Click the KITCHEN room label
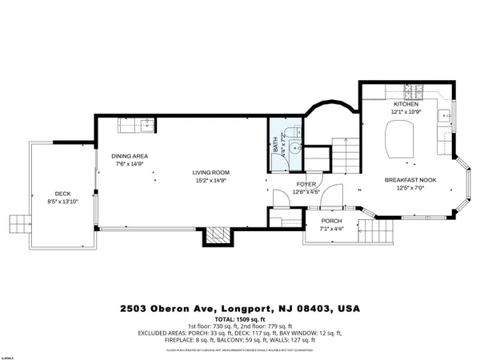pos(406,105)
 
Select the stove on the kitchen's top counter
pos(418,90)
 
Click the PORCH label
pos(331,222)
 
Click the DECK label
pos(62,193)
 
